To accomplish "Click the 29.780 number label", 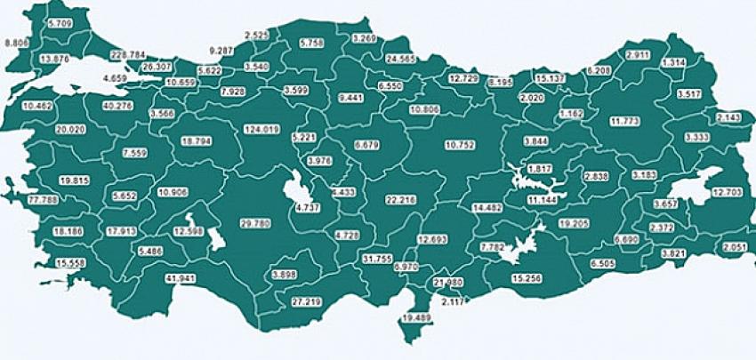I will click(x=255, y=223).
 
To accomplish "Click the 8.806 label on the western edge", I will click(x=17, y=43).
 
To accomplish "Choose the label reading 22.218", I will click(x=401, y=201).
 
